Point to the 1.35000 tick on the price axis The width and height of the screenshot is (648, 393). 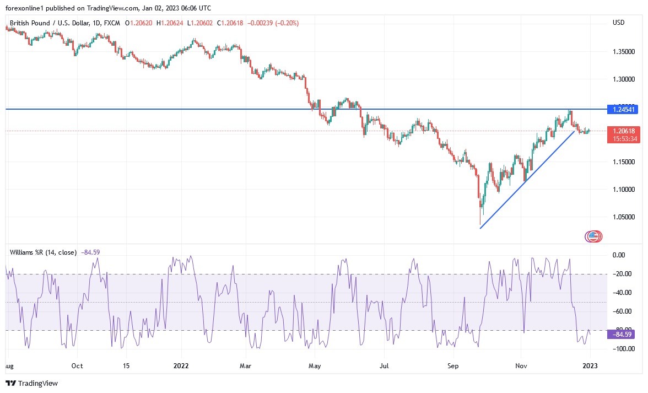click(x=624, y=52)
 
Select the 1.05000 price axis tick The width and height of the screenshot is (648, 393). click(x=624, y=217)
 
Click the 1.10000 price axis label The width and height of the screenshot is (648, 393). click(x=624, y=190)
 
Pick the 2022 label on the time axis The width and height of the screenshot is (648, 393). click(x=181, y=365)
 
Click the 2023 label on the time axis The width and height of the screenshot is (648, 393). click(x=590, y=365)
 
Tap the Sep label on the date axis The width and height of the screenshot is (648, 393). click(x=453, y=365)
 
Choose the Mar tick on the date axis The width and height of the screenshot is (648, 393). click(x=246, y=365)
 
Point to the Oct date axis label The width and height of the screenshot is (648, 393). click(x=77, y=365)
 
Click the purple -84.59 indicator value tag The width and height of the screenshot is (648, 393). click(x=620, y=334)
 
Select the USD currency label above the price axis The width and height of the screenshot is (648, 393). click(x=618, y=23)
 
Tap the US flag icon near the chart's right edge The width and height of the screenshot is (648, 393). click(x=593, y=236)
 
